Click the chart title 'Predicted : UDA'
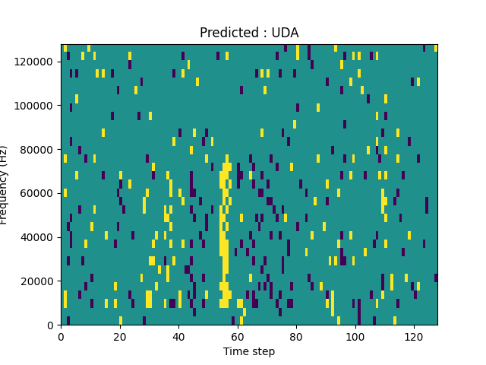pyautogui.click(x=249, y=33)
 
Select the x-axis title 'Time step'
pyautogui.click(x=249, y=351)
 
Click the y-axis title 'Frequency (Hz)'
pyautogui.click(x=5, y=185)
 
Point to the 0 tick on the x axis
pyautogui.click(x=61, y=335)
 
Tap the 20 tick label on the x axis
pyautogui.click(x=120, y=335)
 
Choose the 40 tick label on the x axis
pyautogui.click(x=178, y=335)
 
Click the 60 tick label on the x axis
pyautogui.click(x=237, y=335)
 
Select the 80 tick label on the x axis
pyautogui.click(x=296, y=335)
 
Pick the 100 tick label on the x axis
pyautogui.click(x=355, y=335)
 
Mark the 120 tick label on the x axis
pyautogui.click(x=413, y=335)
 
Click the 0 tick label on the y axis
pyautogui.click(x=52, y=325)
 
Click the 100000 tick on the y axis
pyautogui.click(x=36, y=105)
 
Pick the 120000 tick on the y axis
pyautogui.click(x=36, y=61)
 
